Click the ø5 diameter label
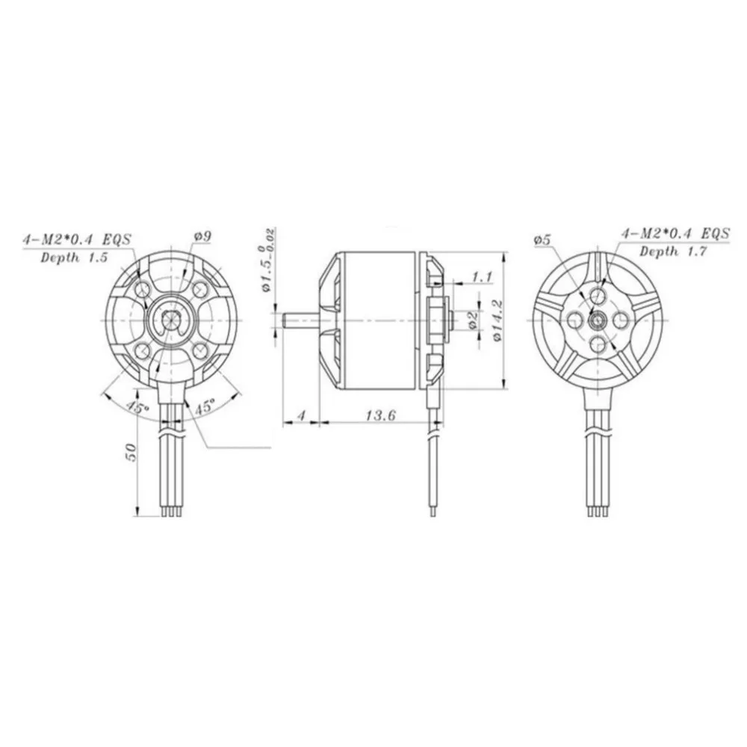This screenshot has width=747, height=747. coord(543,240)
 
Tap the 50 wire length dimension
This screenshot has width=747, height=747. coord(131,453)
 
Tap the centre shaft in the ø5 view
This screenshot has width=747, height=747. coord(598,320)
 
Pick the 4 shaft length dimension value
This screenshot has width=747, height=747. coord(300,415)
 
